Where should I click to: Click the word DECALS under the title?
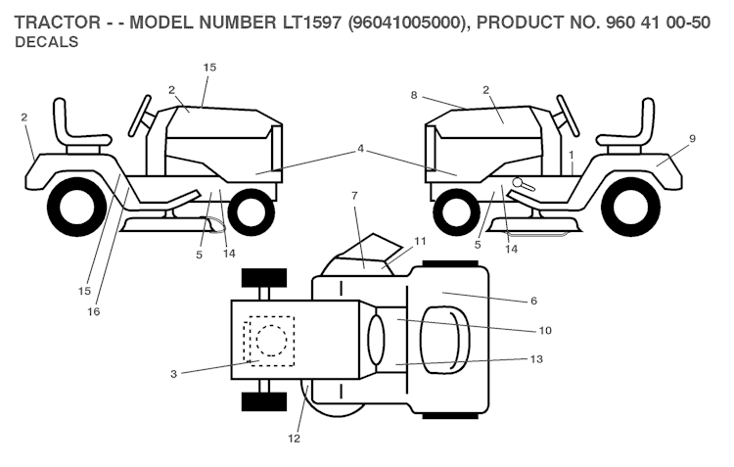point(47,43)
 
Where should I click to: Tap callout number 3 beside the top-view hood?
point(174,372)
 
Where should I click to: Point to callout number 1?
point(570,155)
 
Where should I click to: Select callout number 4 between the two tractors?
point(360,149)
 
